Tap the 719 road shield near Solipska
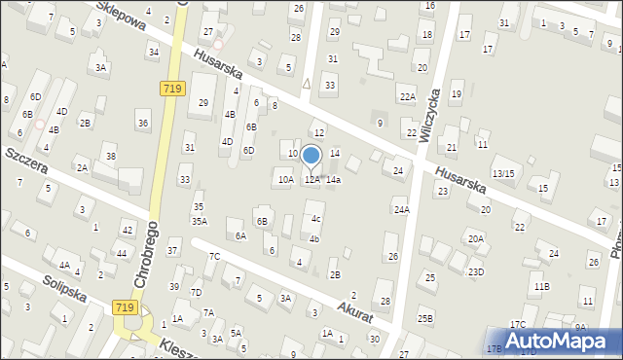point(124,307)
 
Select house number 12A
point(311,179)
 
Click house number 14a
point(334,180)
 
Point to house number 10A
point(285,179)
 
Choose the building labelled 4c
point(316,219)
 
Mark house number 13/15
point(503,173)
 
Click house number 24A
point(401,209)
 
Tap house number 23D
point(475,271)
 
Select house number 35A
point(199,221)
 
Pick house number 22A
point(407,96)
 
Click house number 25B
point(424,318)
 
